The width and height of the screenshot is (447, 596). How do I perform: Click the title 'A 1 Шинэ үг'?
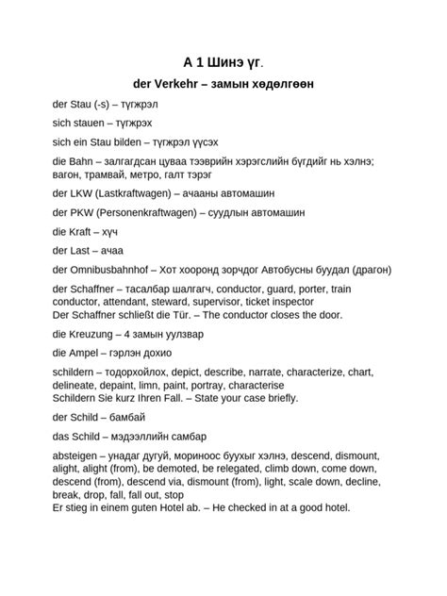pos(223,62)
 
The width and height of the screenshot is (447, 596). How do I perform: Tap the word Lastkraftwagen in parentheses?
pos(139,192)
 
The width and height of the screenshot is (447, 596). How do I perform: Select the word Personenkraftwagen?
pos(145,212)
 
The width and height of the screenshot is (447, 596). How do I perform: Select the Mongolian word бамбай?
pos(127,417)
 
